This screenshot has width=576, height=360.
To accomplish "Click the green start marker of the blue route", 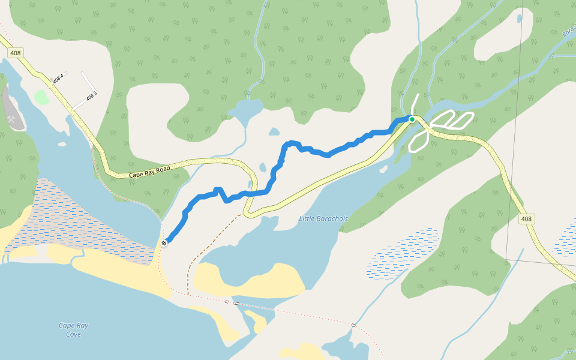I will click(412, 119).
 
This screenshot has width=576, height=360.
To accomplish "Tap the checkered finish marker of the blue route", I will click(164, 243).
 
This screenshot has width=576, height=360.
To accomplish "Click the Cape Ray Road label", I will click(150, 171).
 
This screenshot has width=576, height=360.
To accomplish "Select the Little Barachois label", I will click(323, 219).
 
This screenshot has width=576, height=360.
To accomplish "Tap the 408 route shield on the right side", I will click(526, 219).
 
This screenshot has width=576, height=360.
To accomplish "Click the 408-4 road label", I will click(58, 78).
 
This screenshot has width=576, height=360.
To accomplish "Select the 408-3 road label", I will click(91, 96).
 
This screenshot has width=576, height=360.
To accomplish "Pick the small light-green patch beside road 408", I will click(41, 97).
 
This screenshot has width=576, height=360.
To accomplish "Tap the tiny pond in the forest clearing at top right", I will click(520, 19).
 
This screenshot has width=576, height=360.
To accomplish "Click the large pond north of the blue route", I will click(245, 111).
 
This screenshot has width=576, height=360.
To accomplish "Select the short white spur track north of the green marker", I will click(415, 102).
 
